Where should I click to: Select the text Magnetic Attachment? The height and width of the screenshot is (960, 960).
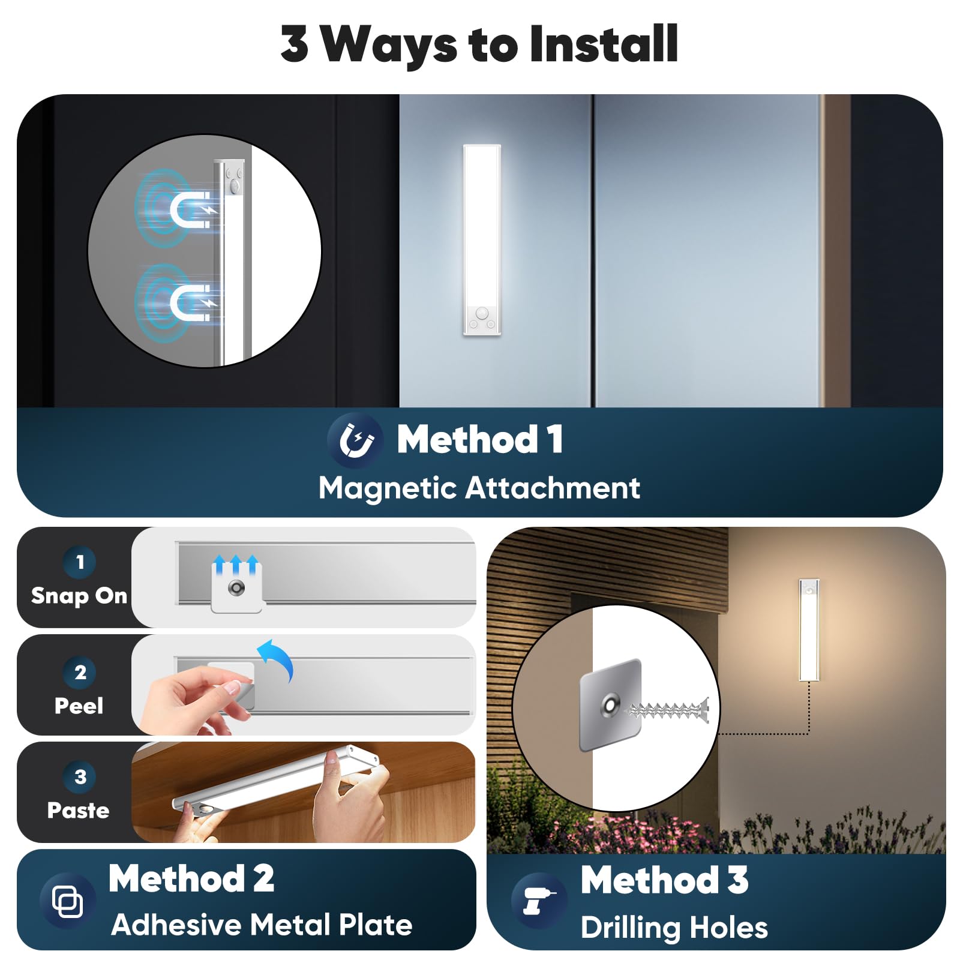[x=479, y=488]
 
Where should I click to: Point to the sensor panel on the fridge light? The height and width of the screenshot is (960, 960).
[x=482, y=319]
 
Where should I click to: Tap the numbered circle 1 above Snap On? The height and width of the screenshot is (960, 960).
[x=80, y=562]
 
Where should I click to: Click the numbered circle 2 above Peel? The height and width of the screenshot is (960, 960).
[x=80, y=672]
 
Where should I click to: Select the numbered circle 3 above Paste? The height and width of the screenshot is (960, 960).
[x=80, y=776]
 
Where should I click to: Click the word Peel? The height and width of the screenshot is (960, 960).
[x=79, y=706]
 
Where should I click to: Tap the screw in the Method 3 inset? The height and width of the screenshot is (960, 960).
[x=667, y=711]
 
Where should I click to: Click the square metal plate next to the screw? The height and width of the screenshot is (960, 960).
[x=611, y=705]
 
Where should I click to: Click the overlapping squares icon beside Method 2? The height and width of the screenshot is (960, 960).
[x=68, y=901]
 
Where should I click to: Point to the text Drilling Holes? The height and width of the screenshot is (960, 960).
[x=674, y=928]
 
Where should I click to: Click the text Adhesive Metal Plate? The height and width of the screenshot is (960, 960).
[x=262, y=925]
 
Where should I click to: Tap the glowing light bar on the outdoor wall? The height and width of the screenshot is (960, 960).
[x=809, y=630]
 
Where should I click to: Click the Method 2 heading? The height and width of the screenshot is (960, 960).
[x=191, y=878]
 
